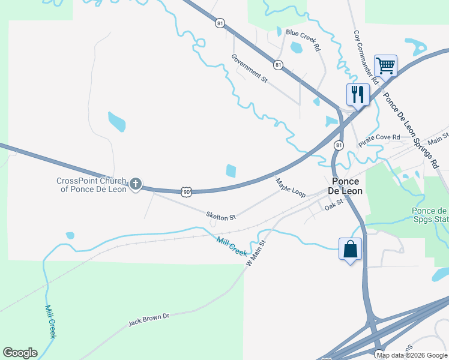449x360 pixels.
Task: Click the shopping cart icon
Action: pos(385,65)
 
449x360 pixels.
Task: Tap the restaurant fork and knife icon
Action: pos(357,94)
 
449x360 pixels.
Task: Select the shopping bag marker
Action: pos(350,248)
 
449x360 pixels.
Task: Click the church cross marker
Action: pos(136,183)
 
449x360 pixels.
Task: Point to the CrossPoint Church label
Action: pos(91,185)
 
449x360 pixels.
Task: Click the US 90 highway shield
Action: pos(187,191)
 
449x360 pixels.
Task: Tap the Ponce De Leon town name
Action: pos(346,186)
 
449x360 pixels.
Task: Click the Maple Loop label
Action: pos(291,187)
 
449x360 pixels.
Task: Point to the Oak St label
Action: pos(333,205)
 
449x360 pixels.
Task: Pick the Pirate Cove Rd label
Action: pos(379,140)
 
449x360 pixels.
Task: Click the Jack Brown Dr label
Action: pos(149,319)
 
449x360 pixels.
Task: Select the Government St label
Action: pos(249,67)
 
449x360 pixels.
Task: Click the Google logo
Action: pos(20,353)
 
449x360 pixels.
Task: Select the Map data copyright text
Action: pos(412,355)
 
